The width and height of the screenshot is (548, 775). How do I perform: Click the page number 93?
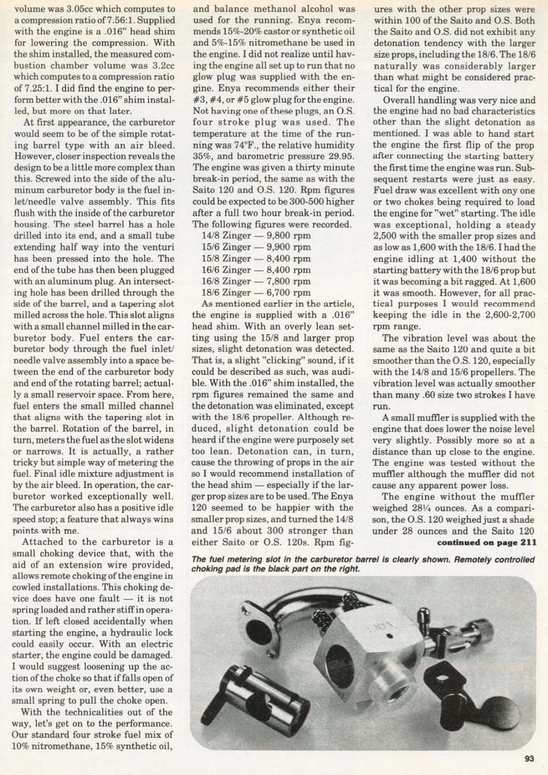[x=529, y=759]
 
